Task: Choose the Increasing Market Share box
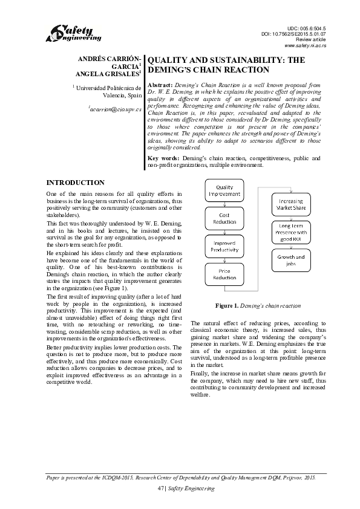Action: (291, 204)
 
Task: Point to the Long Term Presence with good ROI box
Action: (291, 232)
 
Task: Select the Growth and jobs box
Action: (291, 260)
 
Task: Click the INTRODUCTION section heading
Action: (76, 183)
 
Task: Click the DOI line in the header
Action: (293, 34)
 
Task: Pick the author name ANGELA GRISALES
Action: (107, 74)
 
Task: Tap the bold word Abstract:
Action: (160, 86)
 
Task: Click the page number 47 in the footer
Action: (160, 488)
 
